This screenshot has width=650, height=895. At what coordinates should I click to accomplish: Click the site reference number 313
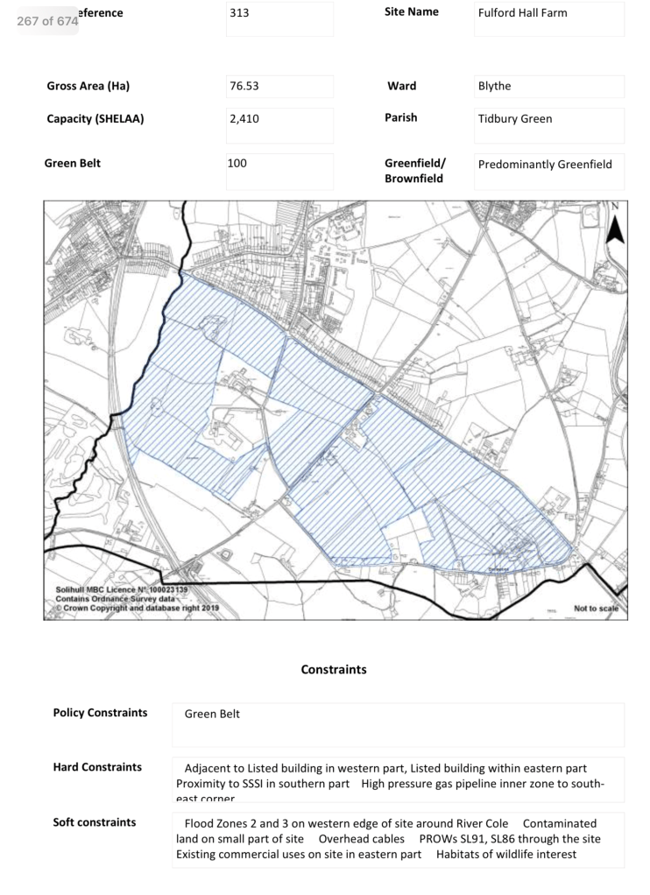(x=239, y=13)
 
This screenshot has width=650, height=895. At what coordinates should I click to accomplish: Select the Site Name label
(x=411, y=12)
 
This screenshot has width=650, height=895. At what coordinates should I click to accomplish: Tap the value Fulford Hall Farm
(x=522, y=13)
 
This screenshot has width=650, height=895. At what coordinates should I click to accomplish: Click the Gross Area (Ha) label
(x=94, y=86)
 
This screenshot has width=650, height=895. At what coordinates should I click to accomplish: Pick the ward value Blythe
(x=494, y=87)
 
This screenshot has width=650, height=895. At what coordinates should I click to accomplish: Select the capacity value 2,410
(x=244, y=118)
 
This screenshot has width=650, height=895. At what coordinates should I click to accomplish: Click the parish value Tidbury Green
(x=515, y=119)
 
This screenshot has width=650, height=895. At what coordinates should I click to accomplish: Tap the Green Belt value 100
(x=239, y=163)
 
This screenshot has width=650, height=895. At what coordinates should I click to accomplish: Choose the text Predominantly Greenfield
(x=545, y=164)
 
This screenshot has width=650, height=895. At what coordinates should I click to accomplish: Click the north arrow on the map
(x=615, y=225)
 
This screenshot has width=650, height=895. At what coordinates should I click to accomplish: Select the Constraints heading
(x=334, y=670)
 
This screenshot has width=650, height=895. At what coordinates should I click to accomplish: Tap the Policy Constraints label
(x=100, y=713)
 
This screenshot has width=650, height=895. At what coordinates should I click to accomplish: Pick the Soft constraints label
(x=95, y=822)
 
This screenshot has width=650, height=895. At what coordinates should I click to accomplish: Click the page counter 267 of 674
(x=47, y=20)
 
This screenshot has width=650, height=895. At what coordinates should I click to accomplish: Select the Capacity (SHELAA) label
(x=95, y=118)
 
